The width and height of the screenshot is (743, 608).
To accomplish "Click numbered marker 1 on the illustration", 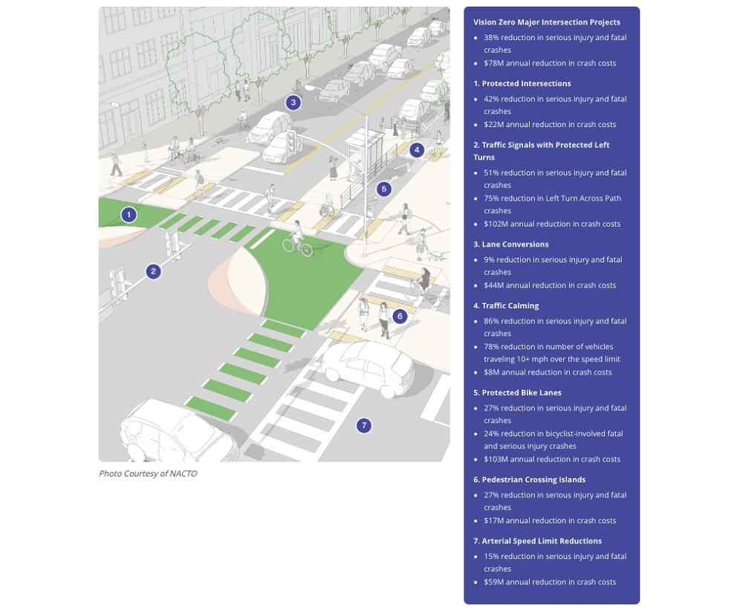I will click(x=129, y=215).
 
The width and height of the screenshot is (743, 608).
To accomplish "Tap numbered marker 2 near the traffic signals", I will click(x=153, y=271).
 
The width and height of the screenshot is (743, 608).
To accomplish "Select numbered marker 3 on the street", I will click(x=293, y=103).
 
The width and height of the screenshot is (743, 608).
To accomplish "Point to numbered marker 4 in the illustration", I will click(x=417, y=149).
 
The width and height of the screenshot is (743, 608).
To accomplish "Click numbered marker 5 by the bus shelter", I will click(x=383, y=189).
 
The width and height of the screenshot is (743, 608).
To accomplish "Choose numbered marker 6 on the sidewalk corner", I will click(x=400, y=316).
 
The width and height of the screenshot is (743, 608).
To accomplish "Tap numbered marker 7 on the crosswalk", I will click(x=363, y=425).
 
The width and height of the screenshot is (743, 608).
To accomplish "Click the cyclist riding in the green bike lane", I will click(x=297, y=238).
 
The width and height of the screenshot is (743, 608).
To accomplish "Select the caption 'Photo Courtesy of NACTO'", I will click(x=148, y=473).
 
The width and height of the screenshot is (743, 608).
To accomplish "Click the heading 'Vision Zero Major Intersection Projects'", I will click(x=547, y=22).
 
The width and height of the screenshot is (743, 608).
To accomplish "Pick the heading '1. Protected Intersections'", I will click(x=522, y=83).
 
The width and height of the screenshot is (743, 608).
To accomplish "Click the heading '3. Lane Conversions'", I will click(x=511, y=244).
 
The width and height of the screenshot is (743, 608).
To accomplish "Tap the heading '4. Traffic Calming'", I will click(x=506, y=305).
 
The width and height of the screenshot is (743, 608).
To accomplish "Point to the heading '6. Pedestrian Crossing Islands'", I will click(x=529, y=479).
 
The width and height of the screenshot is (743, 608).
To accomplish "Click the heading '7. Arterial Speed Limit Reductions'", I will click(x=537, y=541).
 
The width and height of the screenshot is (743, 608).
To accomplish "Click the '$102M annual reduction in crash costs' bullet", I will click(x=552, y=224).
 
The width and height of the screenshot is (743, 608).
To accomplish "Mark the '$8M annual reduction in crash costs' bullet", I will click(x=548, y=372).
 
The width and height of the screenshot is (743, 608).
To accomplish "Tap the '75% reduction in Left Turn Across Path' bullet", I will click(x=552, y=198).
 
